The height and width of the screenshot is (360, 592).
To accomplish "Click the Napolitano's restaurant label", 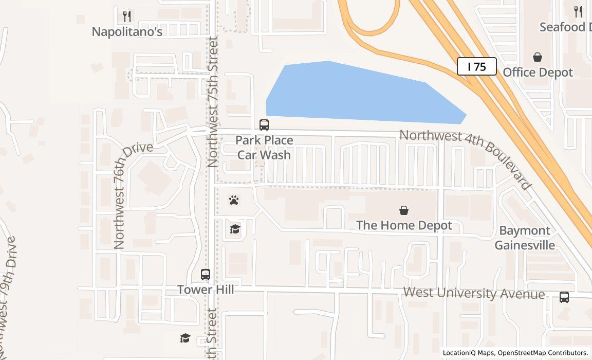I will [127, 32].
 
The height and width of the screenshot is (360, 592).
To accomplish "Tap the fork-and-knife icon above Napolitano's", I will [127, 16].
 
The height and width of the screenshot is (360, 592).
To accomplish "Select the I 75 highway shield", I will [477, 66].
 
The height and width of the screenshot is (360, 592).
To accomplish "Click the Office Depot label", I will [538, 73].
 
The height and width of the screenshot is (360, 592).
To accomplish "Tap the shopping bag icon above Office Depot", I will [538, 57].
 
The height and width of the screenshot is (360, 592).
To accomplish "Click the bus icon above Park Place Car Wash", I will [264, 125].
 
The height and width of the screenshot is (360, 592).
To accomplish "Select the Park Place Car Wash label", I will [264, 148].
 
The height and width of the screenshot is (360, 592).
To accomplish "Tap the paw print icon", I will [234, 200].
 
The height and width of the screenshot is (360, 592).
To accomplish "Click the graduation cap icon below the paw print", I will [235, 229].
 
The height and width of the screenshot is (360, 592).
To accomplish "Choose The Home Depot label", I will [404, 225].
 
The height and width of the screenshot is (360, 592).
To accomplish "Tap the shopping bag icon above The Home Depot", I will [404, 210].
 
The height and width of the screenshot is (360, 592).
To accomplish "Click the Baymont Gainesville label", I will [525, 238].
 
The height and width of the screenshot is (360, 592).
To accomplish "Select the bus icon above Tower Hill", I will [206, 275].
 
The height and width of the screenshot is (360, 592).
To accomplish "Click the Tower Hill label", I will [206, 290].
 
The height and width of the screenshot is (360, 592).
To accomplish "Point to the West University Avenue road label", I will [474, 293].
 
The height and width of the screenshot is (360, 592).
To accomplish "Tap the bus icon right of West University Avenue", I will [564, 297].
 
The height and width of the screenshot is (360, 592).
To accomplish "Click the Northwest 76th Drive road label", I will [133, 195].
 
